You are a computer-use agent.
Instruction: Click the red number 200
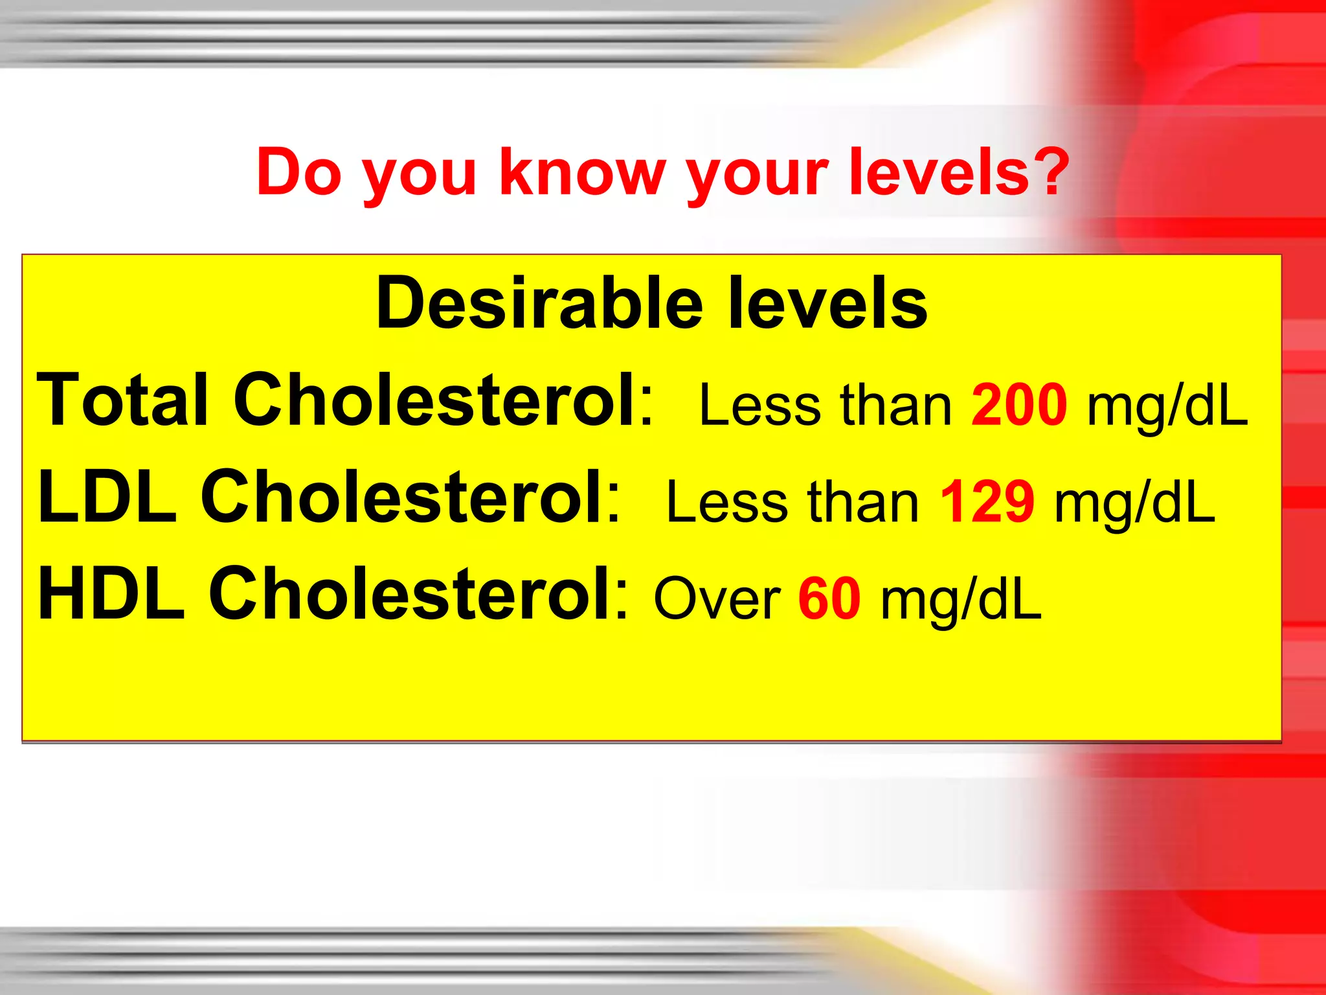1019,404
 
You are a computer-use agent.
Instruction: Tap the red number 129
987,501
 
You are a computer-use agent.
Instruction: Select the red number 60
829,599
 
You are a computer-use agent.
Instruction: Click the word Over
717,599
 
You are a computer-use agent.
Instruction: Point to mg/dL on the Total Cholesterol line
1167,407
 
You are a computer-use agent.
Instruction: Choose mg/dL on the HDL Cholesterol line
961,601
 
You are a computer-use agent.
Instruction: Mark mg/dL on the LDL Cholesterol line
1135,504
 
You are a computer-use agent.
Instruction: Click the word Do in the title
298,171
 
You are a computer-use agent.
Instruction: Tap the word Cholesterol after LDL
410,497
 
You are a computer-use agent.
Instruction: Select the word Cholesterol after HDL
417,593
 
